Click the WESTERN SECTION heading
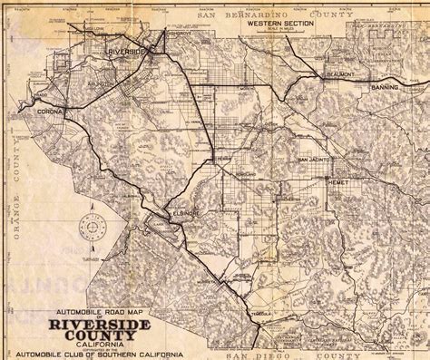click(265, 24)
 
